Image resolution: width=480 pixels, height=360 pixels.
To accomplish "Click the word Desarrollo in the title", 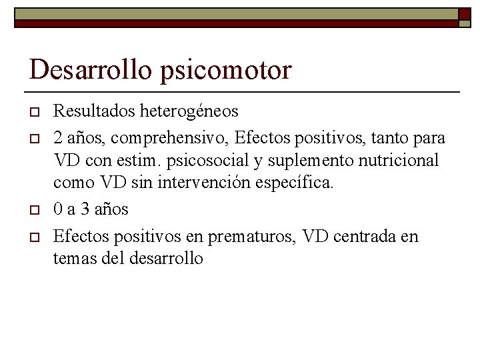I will pyautogui.click(x=92, y=69).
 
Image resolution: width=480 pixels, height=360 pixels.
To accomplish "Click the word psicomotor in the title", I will pyautogui.click(x=226, y=71).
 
